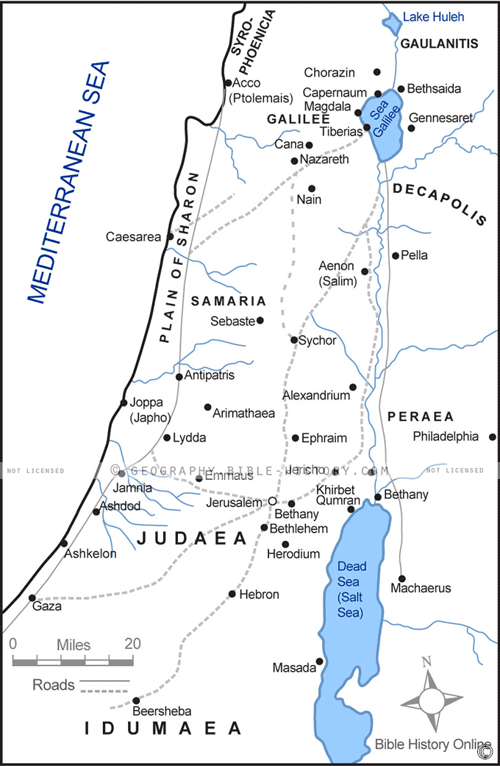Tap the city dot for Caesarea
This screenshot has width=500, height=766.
(x=171, y=237)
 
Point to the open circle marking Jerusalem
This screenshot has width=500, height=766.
(x=271, y=501)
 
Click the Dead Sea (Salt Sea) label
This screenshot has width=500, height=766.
(x=351, y=589)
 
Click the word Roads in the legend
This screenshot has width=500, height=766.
(x=54, y=685)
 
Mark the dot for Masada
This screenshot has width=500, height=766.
(x=319, y=661)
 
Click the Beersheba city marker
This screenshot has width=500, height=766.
(x=136, y=700)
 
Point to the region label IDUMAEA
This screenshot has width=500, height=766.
(x=162, y=728)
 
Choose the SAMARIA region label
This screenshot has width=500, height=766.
(x=228, y=301)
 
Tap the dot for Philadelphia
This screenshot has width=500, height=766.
(x=493, y=436)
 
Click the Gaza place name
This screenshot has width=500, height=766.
(x=47, y=607)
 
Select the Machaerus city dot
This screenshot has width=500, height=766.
(x=401, y=578)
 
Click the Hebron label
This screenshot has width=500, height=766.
(x=259, y=594)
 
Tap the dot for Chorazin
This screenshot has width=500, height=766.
(x=377, y=72)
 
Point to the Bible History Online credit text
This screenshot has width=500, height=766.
(x=432, y=744)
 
